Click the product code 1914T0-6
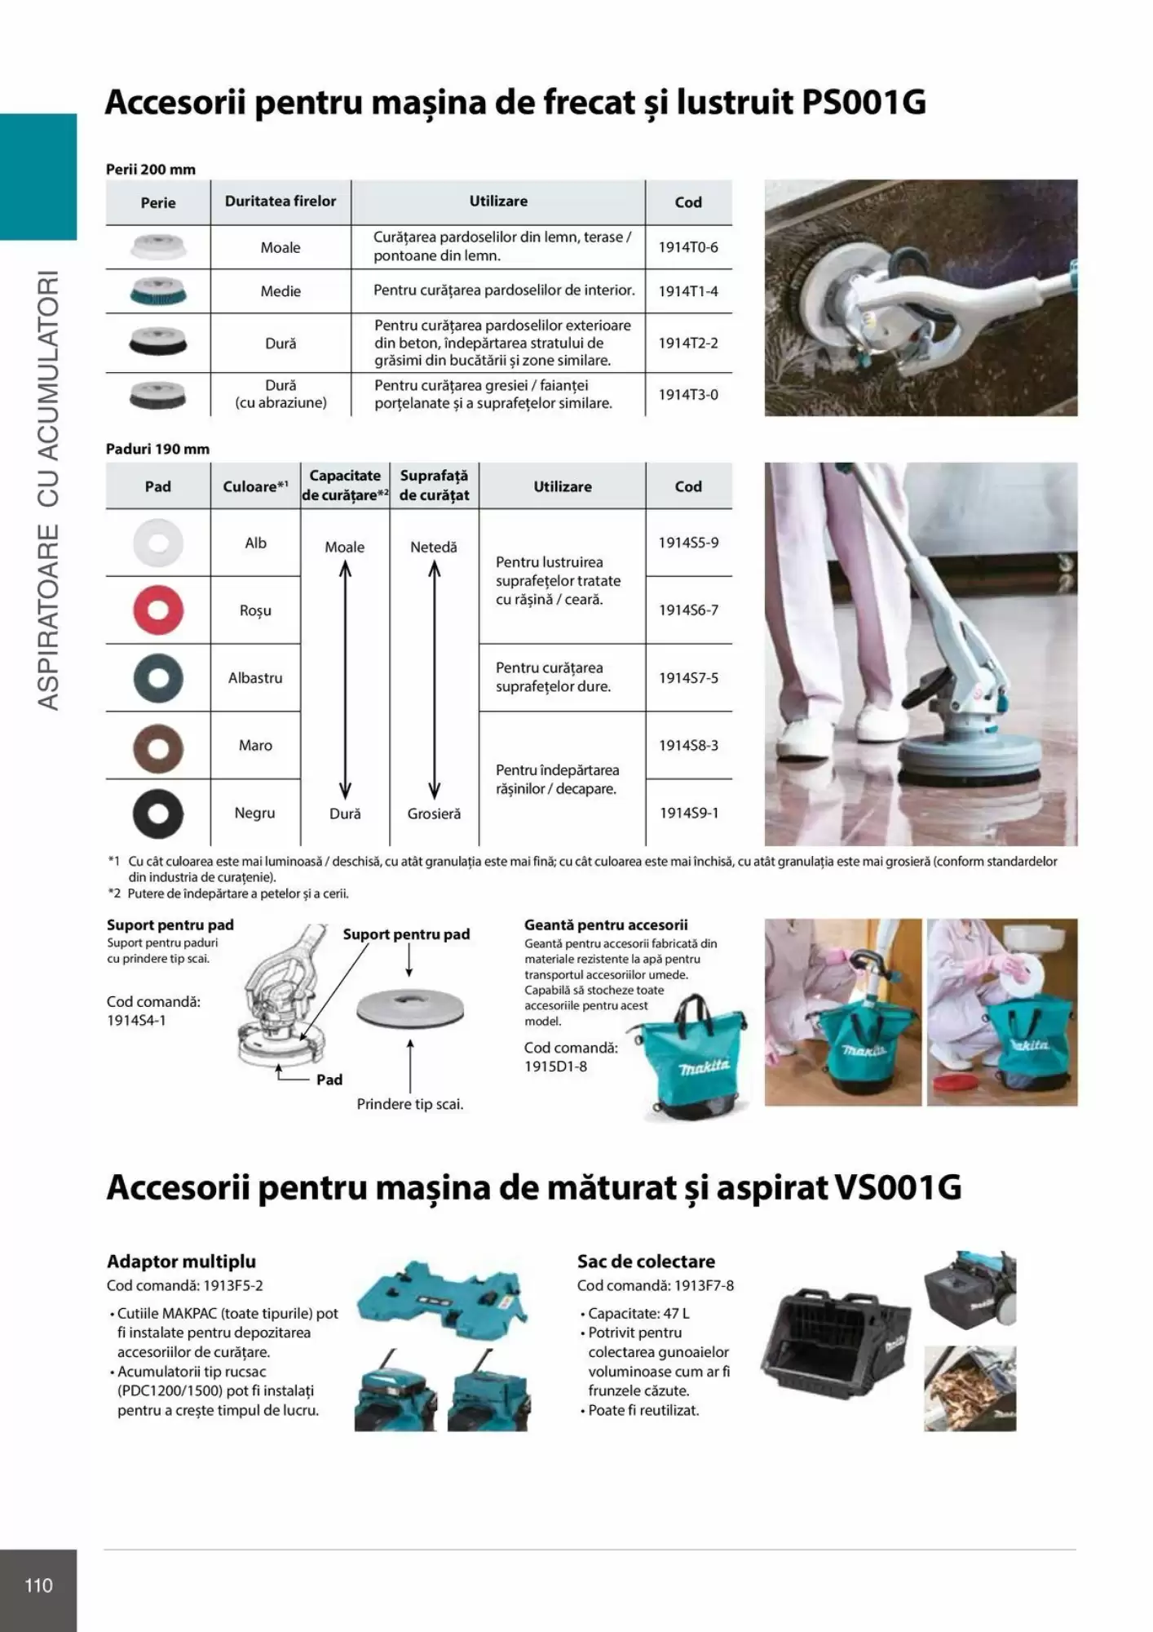click(688, 247)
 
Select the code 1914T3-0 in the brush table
click(688, 395)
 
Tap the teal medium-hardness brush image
click(158, 291)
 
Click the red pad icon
click(158, 610)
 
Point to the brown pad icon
click(158, 746)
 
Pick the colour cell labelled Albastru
click(255, 678)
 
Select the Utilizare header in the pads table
click(563, 486)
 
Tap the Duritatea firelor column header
click(281, 202)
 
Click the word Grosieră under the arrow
click(434, 814)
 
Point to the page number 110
click(38, 1585)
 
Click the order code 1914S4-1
click(136, 1020)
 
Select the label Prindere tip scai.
click(410, 1104)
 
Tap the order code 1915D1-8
click(555, 1067)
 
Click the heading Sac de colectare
click(646, 1262)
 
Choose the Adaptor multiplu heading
click(181, 1262)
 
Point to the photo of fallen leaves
click(970, 1389)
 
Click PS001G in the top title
click(864, 103)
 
